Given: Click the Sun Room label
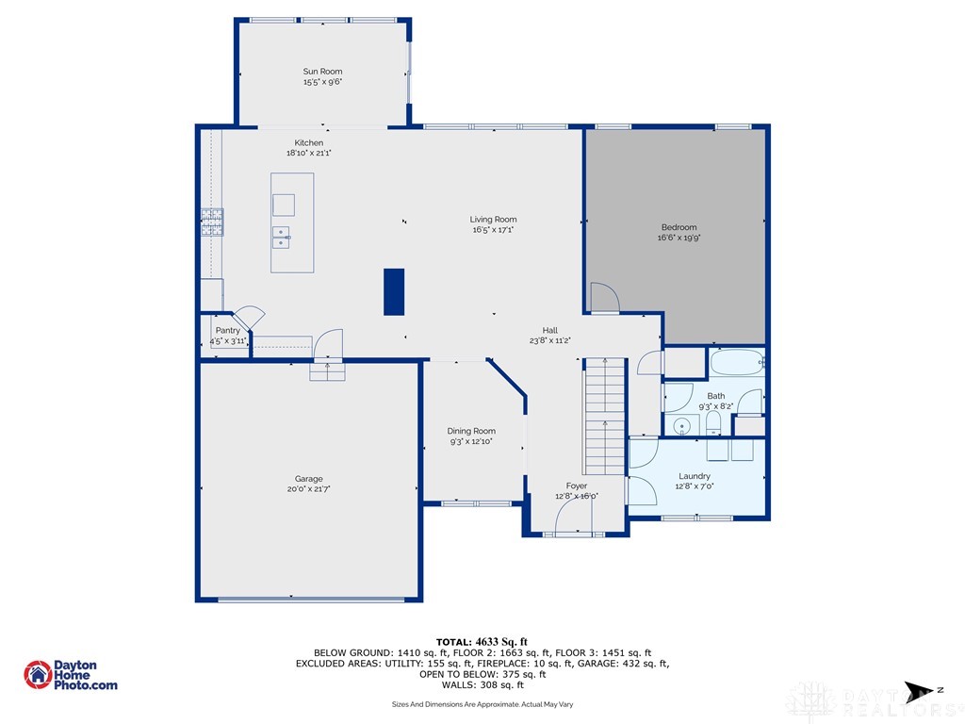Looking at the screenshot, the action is (x=322, y=72).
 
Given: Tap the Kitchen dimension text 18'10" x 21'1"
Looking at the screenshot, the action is (x=309, y=153).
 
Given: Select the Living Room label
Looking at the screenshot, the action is (x=493, y=219).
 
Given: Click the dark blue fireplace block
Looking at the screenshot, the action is (x=394, y=292).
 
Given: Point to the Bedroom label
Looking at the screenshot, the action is (x=679, y=227).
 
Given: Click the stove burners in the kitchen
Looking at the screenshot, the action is (x=212, y=222).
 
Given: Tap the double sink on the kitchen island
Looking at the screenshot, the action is (x=281, y=237).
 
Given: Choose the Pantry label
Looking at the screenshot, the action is (x=228, y=331).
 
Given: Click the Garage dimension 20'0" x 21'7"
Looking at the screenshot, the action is (x=309, y=489).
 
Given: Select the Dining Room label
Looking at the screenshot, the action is (x=471, y=431).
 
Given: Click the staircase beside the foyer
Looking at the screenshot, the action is (x=604, y=416).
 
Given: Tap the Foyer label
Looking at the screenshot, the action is (x=577, y=485).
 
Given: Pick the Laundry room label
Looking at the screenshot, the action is (x=695, y=476).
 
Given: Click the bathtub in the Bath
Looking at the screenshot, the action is (x=738, y=363).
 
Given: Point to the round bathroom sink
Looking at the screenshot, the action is (x=681, y=425).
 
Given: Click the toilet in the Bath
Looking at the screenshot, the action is (x=713, y=423).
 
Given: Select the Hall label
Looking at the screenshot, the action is (x=550, y=330).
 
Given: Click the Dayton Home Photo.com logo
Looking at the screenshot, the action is (x=70, y=675).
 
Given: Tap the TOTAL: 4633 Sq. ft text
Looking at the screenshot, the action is (x=482, y=642).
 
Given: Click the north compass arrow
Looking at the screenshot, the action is (x=920, y=691).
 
